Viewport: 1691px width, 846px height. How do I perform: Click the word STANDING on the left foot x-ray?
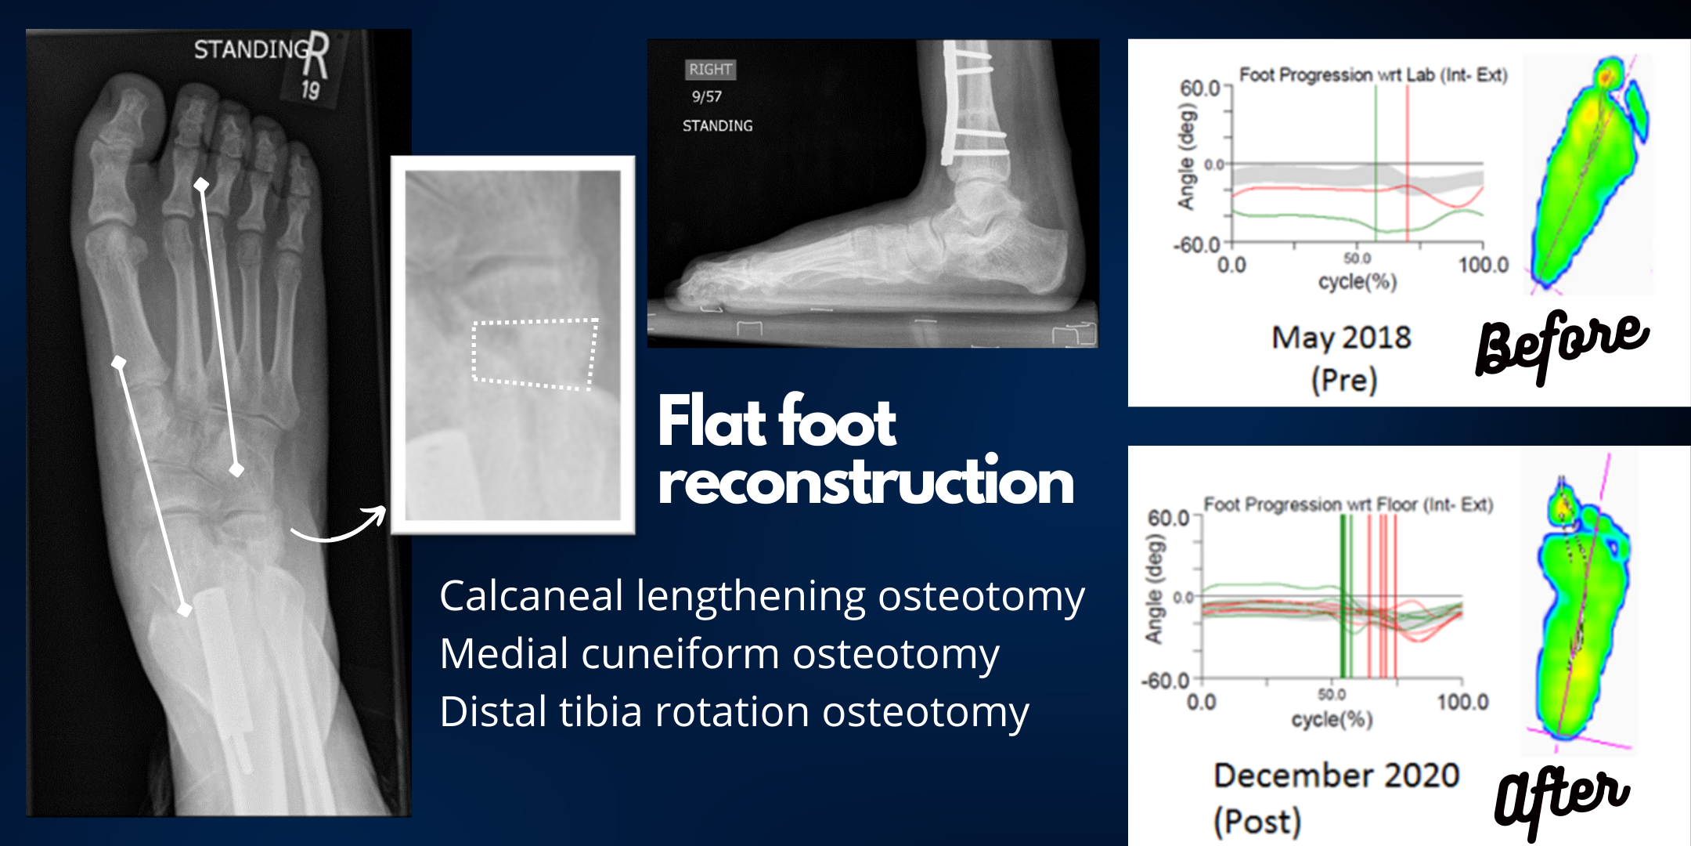click(x=251, y=49)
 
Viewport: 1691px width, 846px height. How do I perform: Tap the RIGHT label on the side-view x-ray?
click(x=710, y=69)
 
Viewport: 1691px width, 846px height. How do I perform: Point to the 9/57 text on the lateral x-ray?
click(x=706, y=96)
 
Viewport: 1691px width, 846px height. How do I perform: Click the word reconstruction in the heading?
click(x=866, y=482)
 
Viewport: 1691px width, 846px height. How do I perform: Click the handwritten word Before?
click(x=1561, y=345)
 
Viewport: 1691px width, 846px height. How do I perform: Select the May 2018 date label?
click(x=1341, y=338)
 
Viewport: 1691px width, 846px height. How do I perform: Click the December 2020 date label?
click(x=1336, y=775)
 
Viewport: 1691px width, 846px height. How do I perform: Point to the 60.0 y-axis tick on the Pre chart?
click(x=1200, y=88)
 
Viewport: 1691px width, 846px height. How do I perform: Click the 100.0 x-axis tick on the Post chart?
click(x=1462, y=701)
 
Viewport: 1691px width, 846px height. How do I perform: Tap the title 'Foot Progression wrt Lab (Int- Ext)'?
click(x=1373, y=74)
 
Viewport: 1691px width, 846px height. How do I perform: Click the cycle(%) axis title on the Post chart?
click(x=1332, y=718)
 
